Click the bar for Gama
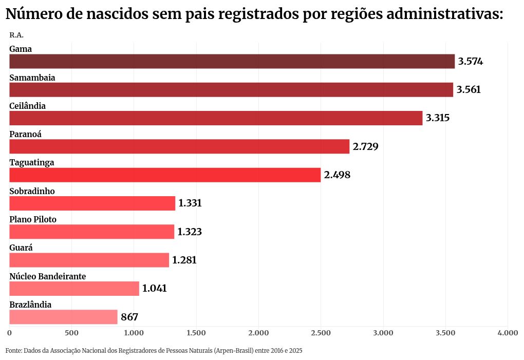tap(232, 62)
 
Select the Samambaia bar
tap(231, 90)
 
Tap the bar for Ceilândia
tap(216, 118)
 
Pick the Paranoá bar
tap(179, 146)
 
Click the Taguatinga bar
tap(165, 175)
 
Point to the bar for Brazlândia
tap(63, 317)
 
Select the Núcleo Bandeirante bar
tap(74, 289)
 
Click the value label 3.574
tap(471, 62)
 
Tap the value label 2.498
tap(337, 175)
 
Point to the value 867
tap(129, 317)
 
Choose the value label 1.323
tap(190, 232)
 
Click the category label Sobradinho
tap(32, 191)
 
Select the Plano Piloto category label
tap(33, 219)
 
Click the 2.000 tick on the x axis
tap(258, 333)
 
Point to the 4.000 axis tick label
tap(508, 333)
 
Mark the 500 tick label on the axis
tap(71, 333)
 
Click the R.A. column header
tap(16, 35)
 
